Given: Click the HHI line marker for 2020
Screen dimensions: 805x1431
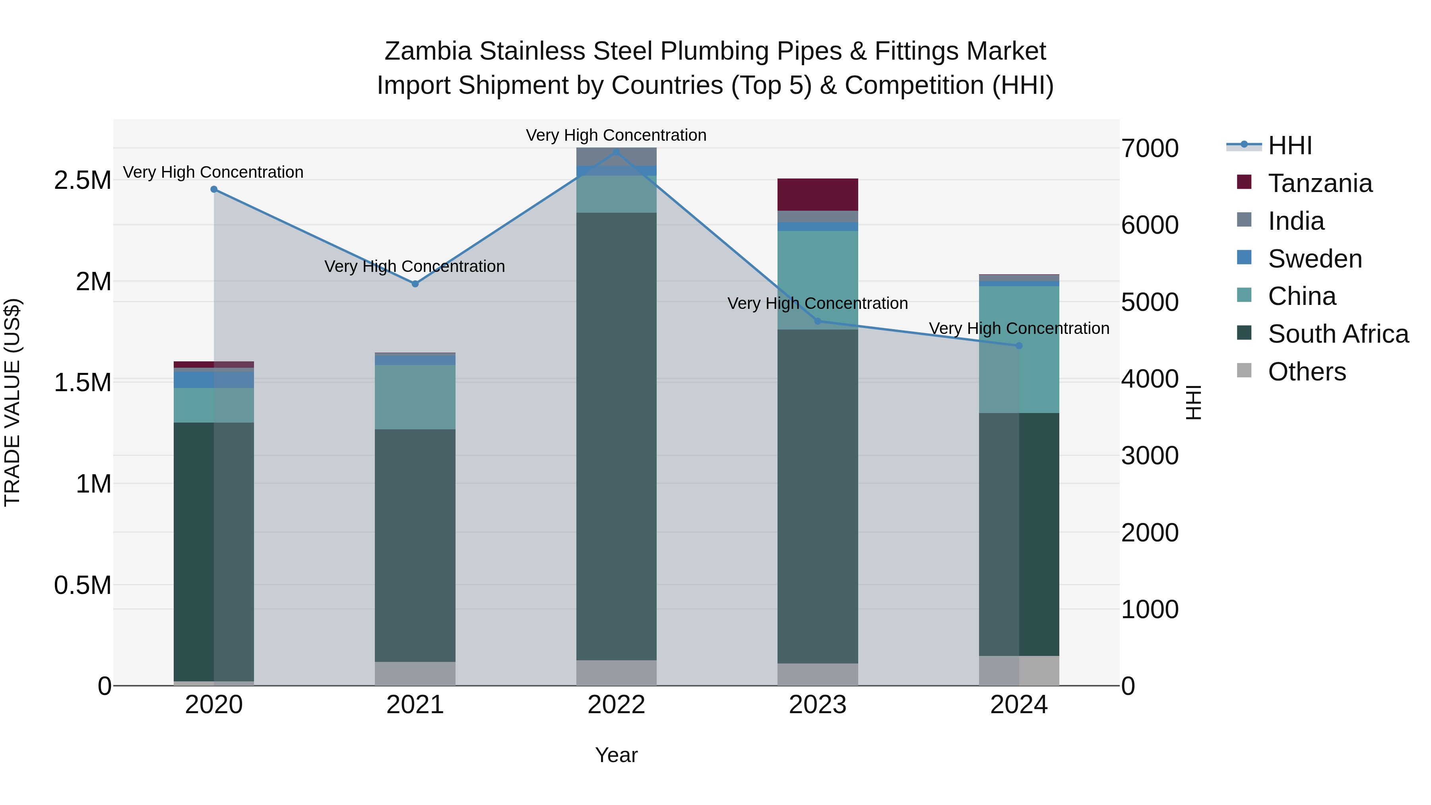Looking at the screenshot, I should (214, 190).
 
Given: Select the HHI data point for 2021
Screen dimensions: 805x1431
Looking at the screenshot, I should (415, 284).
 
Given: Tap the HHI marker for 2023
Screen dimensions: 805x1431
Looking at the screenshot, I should (817, 321).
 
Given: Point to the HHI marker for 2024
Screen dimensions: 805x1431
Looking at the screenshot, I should (1019, 345).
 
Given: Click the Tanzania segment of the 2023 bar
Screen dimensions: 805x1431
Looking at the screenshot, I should (817, 194).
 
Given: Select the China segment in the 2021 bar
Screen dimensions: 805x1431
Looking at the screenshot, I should (415, 397).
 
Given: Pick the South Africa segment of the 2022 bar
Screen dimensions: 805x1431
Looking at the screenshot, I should (616, 436).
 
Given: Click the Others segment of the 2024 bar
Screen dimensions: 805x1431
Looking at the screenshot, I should (1019, 671).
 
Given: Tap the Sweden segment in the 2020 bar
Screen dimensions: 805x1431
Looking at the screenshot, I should (214, 380).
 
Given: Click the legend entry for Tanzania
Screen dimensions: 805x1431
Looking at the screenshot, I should (1320, 183).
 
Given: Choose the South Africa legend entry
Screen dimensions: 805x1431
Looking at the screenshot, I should (1338, 334).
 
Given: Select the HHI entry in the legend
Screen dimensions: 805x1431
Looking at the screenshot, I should (1289, 145).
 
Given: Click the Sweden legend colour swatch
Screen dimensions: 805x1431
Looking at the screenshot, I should (1244, 258).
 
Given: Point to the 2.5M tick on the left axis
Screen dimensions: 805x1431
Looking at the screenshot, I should (83, 180).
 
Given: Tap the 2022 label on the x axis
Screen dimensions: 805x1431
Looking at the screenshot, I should (616, 705).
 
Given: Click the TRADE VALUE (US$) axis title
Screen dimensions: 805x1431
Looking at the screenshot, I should (13, 402).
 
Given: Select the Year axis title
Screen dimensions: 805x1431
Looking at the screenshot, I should (616, 755).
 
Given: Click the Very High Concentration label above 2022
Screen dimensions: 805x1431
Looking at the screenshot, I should (616, 135).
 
